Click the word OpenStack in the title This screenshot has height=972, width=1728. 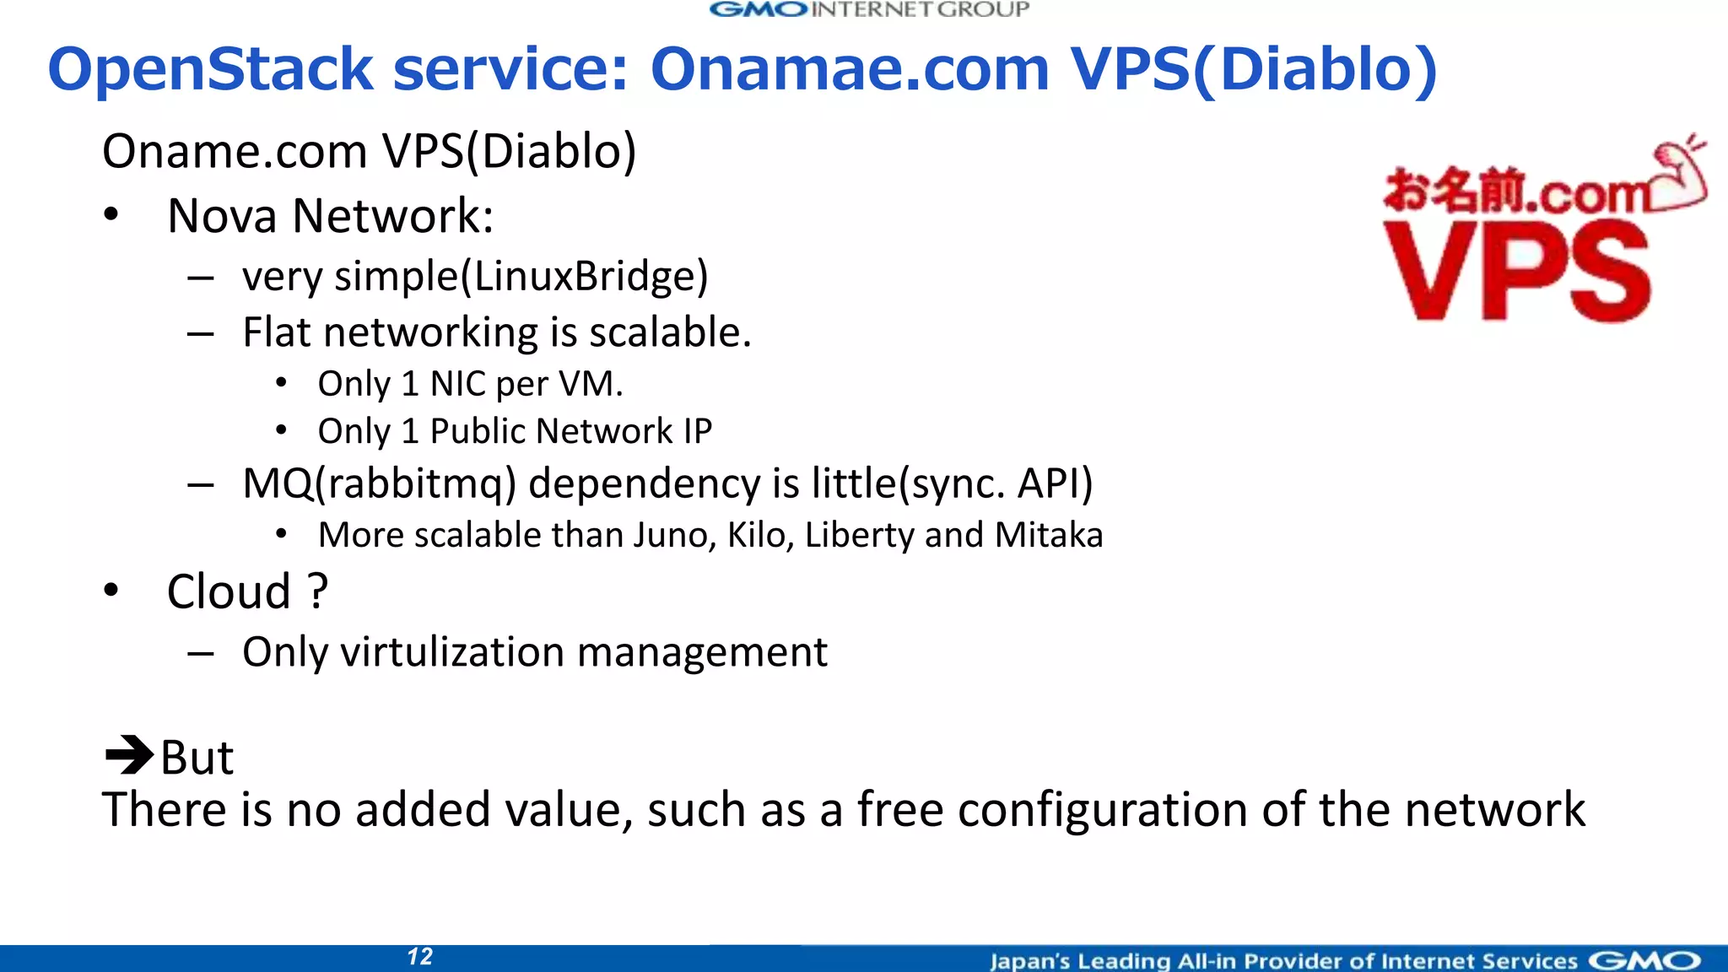point(211,69)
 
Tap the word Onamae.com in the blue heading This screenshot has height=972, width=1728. point(849,69)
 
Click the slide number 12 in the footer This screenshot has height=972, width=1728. point(419,957)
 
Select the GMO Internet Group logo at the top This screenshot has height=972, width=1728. point(869,10)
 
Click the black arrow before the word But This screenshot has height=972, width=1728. point(128,755)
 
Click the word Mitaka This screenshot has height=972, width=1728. point(1048,535)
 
